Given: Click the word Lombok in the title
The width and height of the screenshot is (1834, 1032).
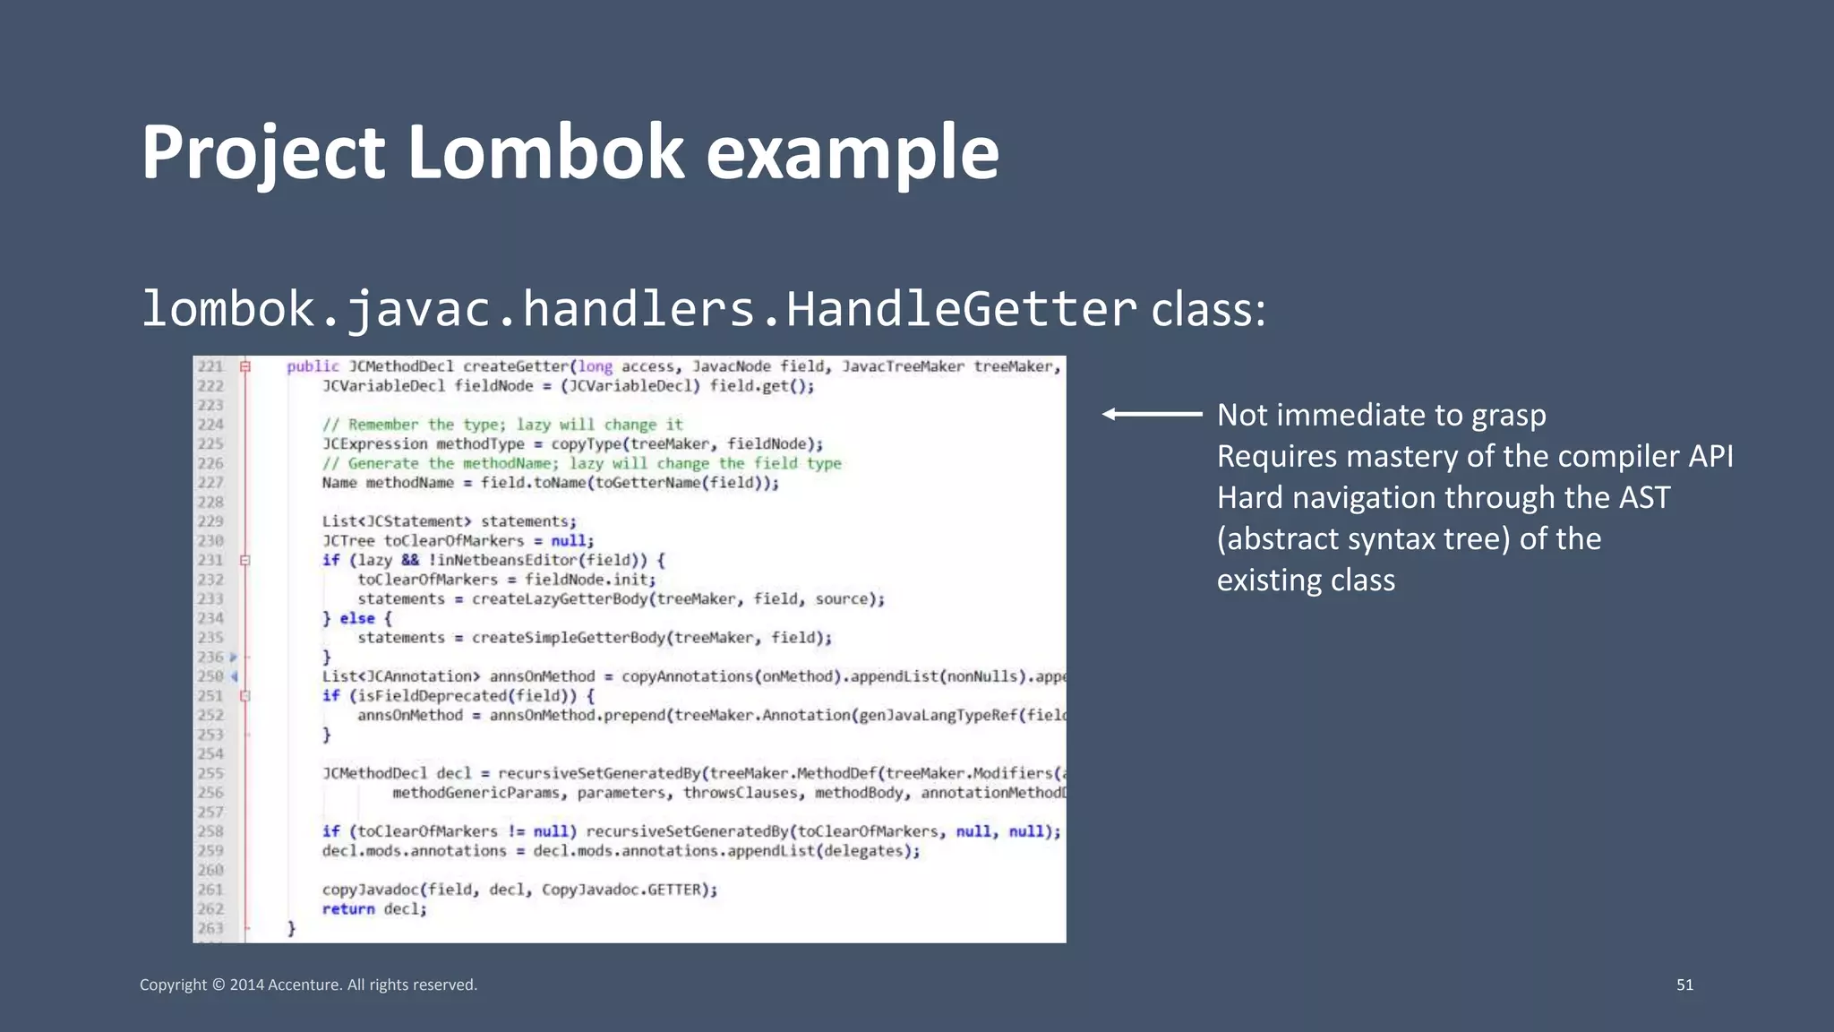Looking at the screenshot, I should (x=545, y=152).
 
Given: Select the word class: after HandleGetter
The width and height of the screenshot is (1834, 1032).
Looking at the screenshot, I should (x=1208, y=311).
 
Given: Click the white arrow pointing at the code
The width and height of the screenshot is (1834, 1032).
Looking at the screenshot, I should (x=1152, y=414).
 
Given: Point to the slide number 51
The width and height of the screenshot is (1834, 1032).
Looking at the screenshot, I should (x=1684, y=985).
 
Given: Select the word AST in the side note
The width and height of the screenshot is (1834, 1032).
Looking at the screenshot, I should (x=1644, y=497).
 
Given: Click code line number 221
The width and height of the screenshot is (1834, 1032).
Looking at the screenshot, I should (x=210, y=366).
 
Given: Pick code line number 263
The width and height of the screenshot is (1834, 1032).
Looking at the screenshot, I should (x=210, y=928).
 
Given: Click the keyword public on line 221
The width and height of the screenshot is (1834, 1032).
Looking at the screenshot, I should (x=313, y=366).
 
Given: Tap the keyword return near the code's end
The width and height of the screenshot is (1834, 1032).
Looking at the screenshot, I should (x=348, y=909).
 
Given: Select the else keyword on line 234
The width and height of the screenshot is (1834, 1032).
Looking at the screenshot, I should (x=357, y=618).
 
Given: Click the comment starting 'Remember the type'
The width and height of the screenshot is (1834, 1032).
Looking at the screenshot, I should (x=502, y=425).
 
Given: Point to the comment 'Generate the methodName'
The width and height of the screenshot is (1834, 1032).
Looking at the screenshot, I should (x=582, y=463).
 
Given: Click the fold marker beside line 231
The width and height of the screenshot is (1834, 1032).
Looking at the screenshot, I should (x=244, y=561).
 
